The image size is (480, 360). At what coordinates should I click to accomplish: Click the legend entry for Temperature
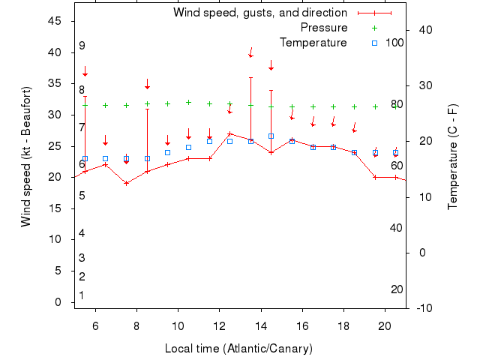(313, 42)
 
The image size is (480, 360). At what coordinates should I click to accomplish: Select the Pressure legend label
(323, 28)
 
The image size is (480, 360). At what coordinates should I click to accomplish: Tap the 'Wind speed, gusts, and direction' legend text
(259, 13)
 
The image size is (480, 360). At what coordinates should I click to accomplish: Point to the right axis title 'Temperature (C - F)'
(452, 157)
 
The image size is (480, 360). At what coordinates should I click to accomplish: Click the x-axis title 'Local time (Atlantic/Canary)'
(238, 349)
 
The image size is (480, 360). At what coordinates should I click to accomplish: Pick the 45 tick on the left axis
(55, 21)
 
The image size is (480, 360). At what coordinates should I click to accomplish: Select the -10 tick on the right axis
(423, 308)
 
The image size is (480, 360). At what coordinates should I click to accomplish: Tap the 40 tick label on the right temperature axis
(425, 29)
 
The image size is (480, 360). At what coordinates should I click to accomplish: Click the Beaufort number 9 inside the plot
(82, 46)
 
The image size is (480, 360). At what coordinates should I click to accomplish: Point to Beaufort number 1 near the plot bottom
(82, 295)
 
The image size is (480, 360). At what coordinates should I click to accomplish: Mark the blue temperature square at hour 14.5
(271, 136)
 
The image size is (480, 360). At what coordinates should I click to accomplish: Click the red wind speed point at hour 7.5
(126, 183)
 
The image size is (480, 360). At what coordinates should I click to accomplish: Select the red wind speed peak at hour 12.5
(229, 133)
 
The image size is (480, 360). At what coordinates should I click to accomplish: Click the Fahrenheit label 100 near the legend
(394, 42)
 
